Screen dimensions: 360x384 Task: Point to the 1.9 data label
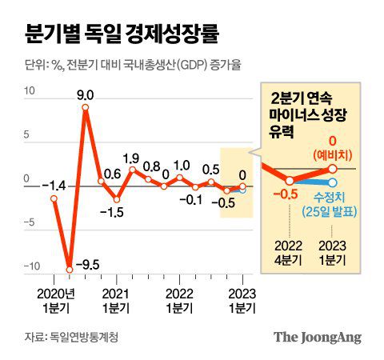pos(134,158)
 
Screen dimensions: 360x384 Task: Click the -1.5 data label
pos(117,212)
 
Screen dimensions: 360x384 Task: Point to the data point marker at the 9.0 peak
pos(86,107)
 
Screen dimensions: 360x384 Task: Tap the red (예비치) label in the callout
pos(333,154)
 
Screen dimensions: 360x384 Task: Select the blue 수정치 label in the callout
pos(333,194)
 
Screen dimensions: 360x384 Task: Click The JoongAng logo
pos(318,336)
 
